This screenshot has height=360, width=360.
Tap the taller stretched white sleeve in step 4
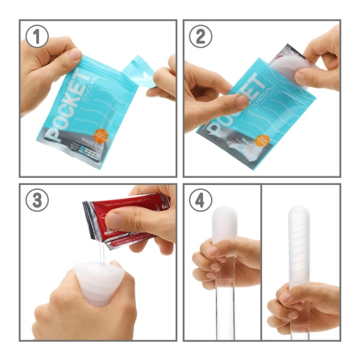(299, 248)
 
